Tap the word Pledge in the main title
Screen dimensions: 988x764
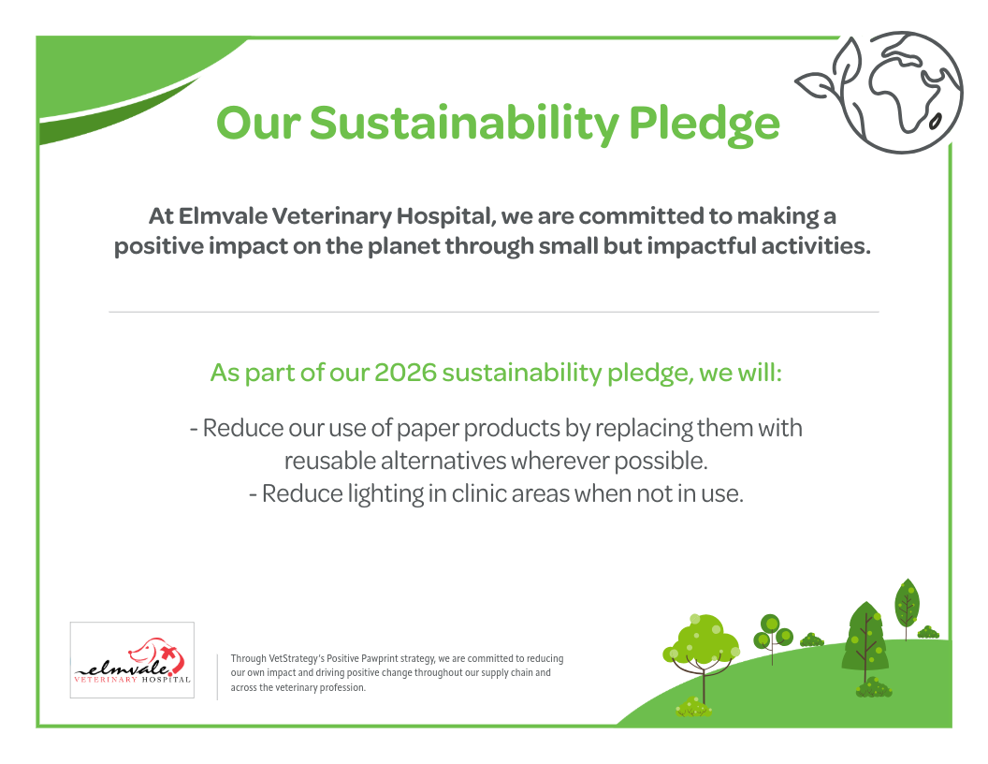coord(705,124)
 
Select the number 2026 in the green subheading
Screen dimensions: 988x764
coord(405,373)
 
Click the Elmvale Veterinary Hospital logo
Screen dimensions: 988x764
coord(132,660)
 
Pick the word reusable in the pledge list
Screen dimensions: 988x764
coord(329,461)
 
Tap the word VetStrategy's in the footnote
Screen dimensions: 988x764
coord(297,659)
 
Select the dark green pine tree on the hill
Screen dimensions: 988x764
coord(865,639)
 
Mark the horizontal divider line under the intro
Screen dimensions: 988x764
coord(494,312)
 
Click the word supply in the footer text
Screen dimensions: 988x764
coord(495,673)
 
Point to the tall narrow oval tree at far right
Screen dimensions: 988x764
coord(907,604)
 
